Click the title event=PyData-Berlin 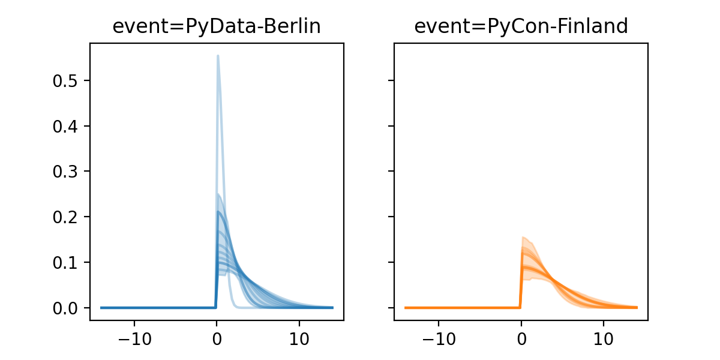click(x=217, y=26)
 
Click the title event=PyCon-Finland click(x=521, y=26)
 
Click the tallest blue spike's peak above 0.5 click(x=218, y=56)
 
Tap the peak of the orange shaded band click(x=523, y=237)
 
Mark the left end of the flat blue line click(x=101, y=308)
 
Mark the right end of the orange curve click(x=637, y=308)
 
